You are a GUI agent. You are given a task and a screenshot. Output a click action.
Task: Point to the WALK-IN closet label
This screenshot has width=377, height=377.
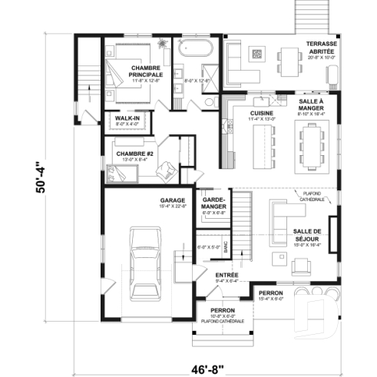coord(127,118)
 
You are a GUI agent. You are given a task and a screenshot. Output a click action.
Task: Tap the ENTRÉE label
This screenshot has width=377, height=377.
coord(226,274)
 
